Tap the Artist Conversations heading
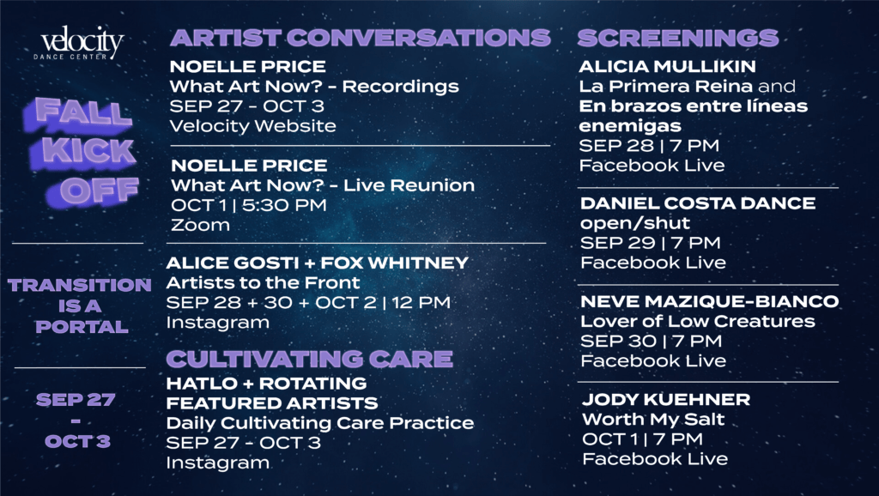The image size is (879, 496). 361,38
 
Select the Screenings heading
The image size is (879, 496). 678,38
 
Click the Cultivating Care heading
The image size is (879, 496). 309,359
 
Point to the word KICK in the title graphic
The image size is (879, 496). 88,151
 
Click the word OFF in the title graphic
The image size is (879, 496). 100,191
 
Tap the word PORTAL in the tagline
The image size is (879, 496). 82,327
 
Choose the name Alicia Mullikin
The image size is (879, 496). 667,66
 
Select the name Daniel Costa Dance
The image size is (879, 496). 698,203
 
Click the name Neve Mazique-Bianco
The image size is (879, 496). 710,301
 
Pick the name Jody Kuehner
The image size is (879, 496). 666,400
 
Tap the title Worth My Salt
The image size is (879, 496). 653,420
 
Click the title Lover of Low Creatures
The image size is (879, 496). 697,321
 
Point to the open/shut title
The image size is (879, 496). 635,223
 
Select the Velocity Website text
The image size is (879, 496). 253,126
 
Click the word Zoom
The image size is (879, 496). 200,226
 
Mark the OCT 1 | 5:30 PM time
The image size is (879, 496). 248,205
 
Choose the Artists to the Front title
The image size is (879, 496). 263,282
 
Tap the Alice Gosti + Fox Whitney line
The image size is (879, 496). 318,263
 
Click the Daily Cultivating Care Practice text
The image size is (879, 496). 320,423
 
